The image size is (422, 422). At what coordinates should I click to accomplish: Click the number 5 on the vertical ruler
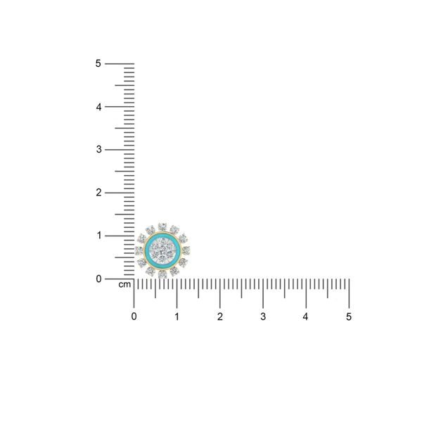98,63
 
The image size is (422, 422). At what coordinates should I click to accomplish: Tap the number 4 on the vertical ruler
98,107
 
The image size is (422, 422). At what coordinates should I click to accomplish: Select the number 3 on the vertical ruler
98,149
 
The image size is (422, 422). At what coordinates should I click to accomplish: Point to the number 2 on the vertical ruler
98,193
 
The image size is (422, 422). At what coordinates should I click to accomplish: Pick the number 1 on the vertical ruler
99,236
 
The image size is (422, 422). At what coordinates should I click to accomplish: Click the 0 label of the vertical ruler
98,279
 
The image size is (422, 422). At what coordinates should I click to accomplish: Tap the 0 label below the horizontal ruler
134,316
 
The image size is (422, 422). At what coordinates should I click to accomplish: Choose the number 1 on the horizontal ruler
177,316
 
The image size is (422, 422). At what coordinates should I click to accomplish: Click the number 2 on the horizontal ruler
220,316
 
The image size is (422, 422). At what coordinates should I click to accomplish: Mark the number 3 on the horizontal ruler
263,316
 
